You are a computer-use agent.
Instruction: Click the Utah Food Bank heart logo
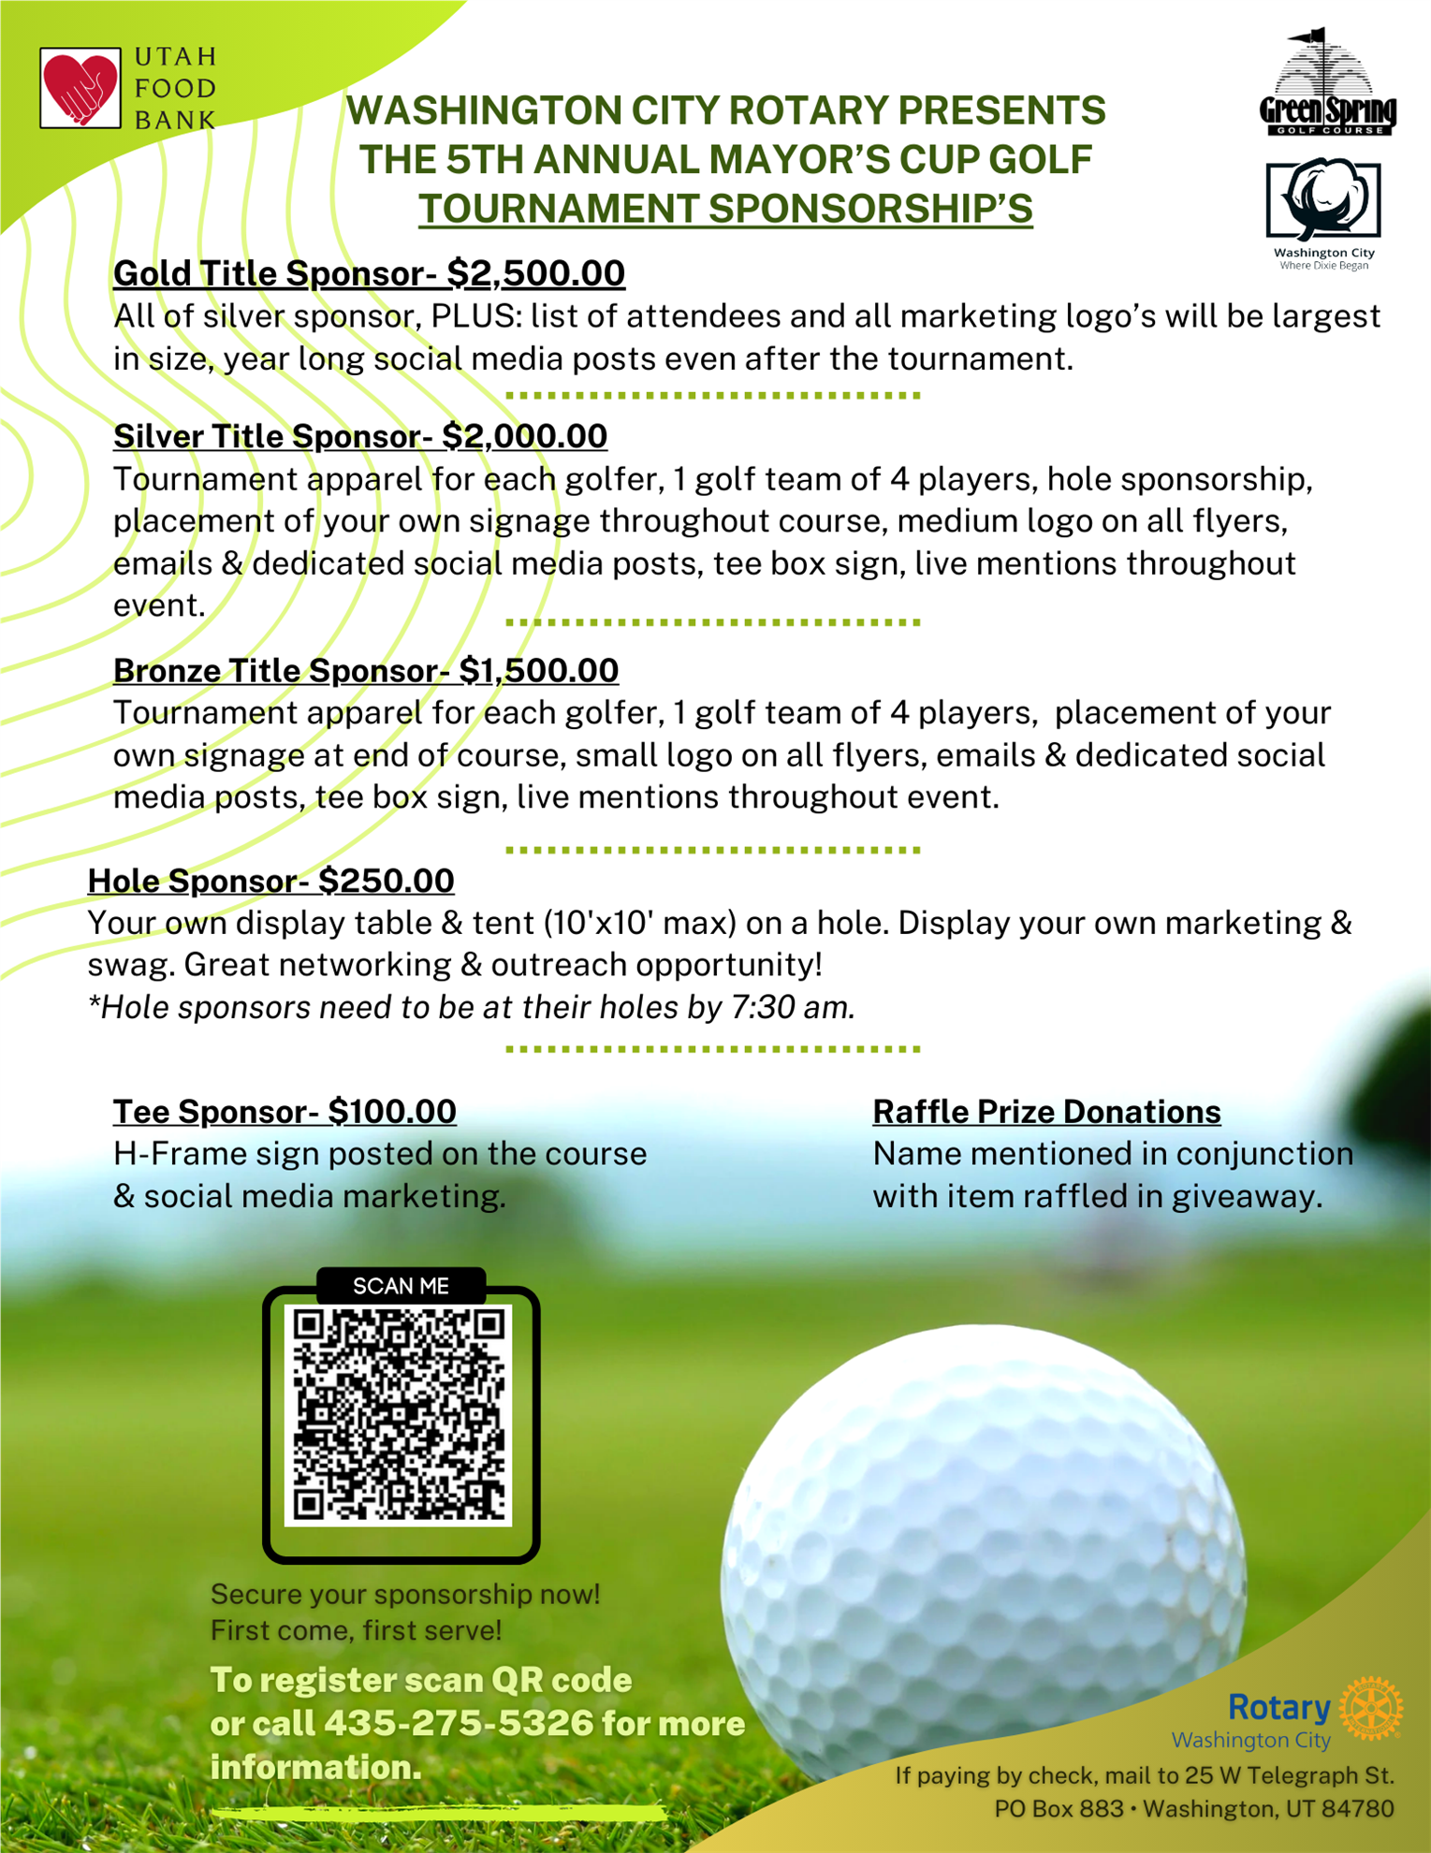pos(80,88)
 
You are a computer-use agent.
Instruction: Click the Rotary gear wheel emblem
pos(1371,1709)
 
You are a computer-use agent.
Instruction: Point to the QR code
pos(400,1414)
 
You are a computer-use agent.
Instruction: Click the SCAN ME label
pos(401,1286)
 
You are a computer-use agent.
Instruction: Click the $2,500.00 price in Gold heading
pos(535,273)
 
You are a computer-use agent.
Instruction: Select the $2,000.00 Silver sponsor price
pos(524,436)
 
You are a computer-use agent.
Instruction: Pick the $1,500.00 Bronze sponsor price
pos(538,670)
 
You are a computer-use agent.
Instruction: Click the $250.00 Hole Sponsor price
pos(386,881)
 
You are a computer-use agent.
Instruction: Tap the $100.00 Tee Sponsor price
pos(392,1111)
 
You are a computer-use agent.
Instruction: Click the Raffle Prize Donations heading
pos(1046,1111)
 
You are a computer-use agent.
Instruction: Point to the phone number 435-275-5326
pos(459,1723)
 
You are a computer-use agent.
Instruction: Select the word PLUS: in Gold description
pos(475,316)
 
